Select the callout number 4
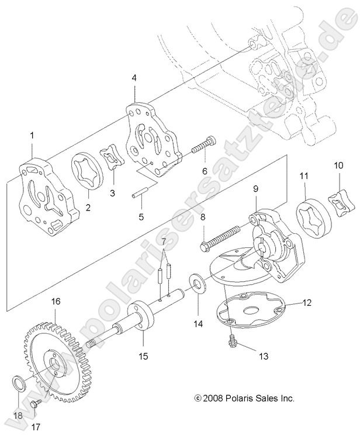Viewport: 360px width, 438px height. click(135, 77)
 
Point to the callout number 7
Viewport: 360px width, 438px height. click(164, 242)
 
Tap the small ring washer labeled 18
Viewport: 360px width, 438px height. click(19, 384)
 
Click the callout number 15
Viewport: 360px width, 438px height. click(143, 356)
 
